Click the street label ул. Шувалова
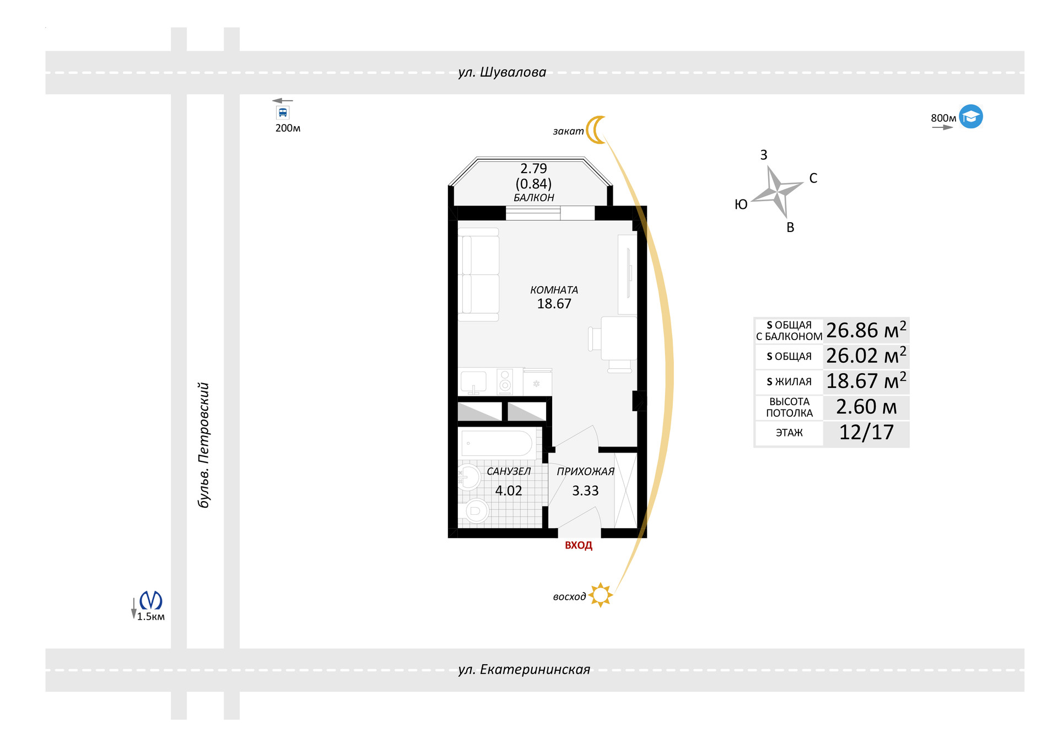pos(502,72)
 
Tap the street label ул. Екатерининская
pos(524,670)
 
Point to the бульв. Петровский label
pos(204,445)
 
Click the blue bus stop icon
pos(283,113)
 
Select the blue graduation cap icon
pos(971,117)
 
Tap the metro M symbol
pos(150,600)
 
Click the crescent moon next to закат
pos(596,130)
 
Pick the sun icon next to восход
pos(600,595)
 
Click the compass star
pos(777,192)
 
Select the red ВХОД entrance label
pos(579,546)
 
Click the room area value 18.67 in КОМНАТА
pos(554,304)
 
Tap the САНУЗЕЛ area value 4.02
pos(508,491)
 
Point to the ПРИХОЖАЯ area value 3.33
pos(585,491)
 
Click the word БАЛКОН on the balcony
pos(534,198)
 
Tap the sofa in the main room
pos(479,275)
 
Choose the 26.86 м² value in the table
pos(866,330)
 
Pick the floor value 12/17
pos(866,433)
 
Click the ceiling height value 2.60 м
pos(866,407)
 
